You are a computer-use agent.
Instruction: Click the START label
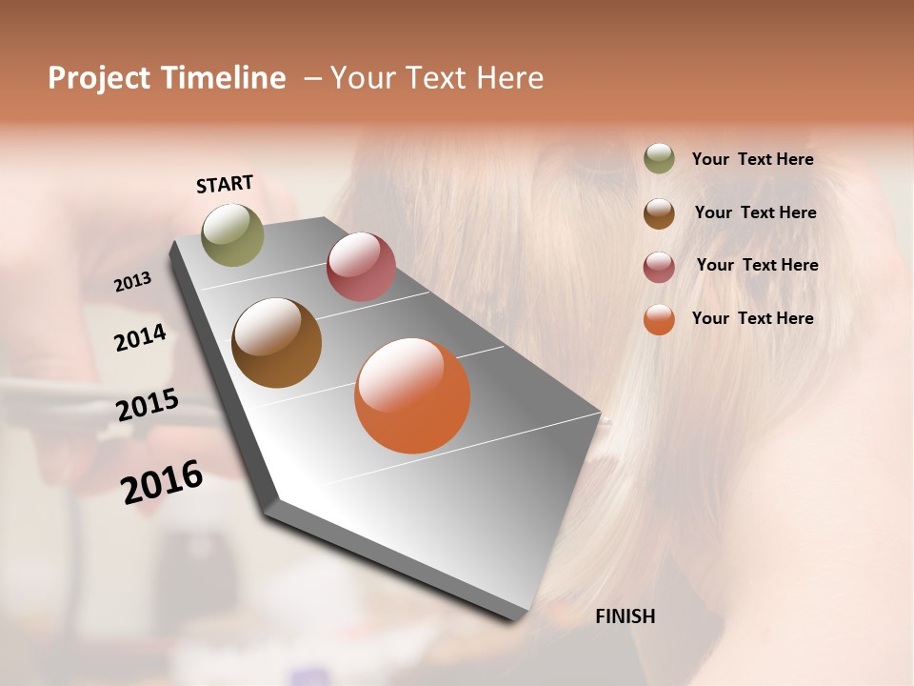click(x=225, y=184)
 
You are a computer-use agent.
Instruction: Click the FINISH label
click(x=625, y=616)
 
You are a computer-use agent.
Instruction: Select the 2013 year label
click(x=132, y=282)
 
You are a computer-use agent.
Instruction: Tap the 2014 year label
click(x=140, y=337)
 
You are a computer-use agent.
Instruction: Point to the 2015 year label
click(x=147, y=405)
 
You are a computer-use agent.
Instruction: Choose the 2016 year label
click(x=162, y=481)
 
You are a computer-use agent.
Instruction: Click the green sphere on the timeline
click(x=232, y=234)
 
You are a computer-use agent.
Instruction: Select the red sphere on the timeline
click(x=361, y=267)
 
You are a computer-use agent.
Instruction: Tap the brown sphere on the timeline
click(x=276, y=343)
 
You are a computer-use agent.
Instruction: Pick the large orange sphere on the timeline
click(x=412, y=395)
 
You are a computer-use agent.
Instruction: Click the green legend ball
click(x=659, y=159)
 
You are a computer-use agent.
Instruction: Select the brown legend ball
click(x=659, y=213)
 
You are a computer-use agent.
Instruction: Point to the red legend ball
click(x=659, y=267)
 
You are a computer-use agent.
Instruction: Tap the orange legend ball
click(x=659, y=319)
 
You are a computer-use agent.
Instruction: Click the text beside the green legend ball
click(x=752, y=160)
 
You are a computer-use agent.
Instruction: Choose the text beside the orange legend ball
click(x=752, y=318)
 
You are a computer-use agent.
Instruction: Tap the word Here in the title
click(x=508, y=78)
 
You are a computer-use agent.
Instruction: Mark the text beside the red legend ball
click(x=757, y=265)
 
